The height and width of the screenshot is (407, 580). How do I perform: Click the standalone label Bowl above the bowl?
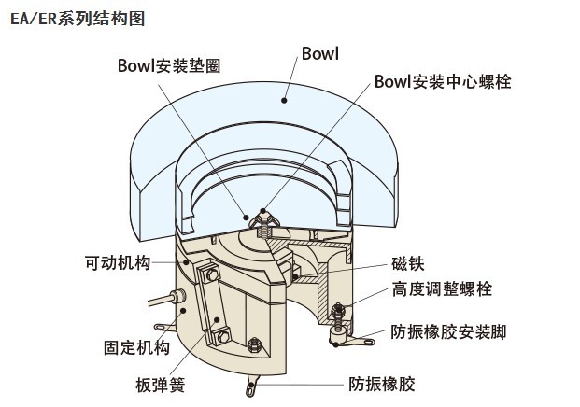point(319,53)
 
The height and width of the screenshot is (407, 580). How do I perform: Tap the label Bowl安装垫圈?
point(174,64)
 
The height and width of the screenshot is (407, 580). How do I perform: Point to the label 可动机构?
point(110,263)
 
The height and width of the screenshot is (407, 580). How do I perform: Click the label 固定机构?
point(136,347)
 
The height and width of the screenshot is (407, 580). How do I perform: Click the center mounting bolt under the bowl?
point(262,220)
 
